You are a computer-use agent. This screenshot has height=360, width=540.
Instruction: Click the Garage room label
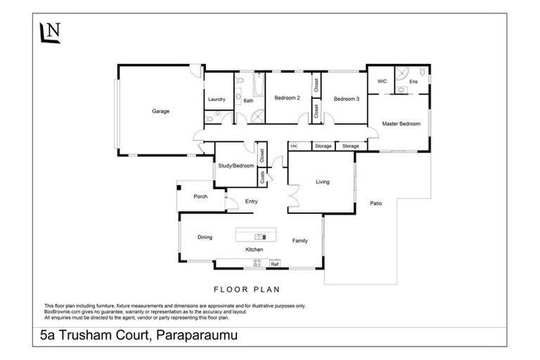(161, 111)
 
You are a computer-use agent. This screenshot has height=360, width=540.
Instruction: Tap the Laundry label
(217, 99)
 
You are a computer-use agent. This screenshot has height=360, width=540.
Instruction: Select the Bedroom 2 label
(288, 98)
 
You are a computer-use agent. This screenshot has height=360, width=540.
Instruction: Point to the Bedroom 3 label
(347, 98)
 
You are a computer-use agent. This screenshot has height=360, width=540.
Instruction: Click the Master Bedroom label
(401, 124)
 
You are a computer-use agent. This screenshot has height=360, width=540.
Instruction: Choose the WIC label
(382, 82)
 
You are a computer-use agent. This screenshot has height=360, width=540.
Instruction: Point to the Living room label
(322, 182)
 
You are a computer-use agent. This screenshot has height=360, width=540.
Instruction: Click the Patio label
(376, 204)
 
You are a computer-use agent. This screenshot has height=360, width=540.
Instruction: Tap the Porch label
(200, 196)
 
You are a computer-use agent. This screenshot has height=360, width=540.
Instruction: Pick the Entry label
(251, 202)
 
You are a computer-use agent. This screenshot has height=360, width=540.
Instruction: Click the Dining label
(205, 238)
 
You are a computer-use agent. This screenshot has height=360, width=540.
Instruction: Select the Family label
(300, 241)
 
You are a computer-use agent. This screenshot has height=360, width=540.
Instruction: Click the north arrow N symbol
(50, 33)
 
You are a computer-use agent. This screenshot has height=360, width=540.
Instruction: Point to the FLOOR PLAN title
(246, 289)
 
